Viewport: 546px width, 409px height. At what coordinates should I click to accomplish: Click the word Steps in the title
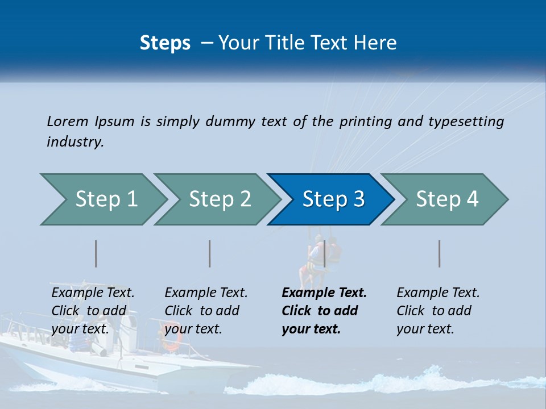[x=165, y=43]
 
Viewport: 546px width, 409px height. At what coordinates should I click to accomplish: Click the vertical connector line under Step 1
[x=96, y=253]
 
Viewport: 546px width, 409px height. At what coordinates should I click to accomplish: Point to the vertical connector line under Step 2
[x=210, y=253]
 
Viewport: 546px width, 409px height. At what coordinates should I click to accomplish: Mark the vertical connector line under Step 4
[x=440, y=253]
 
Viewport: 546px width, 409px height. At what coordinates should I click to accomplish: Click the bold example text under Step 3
[x=324, y=311]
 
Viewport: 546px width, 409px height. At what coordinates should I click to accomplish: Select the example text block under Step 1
[x=93, y=311]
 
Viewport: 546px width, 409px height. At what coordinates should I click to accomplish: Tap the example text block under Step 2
[x=206, y=311]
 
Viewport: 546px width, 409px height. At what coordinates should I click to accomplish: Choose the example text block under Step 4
[x=438, y=311]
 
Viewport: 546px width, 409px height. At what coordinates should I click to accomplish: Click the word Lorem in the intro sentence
[x=68, y=122]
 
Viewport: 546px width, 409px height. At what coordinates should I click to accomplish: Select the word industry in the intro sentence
[x=75, y=142]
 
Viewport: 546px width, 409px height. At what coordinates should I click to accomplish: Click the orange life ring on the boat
[x=171, y=336]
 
